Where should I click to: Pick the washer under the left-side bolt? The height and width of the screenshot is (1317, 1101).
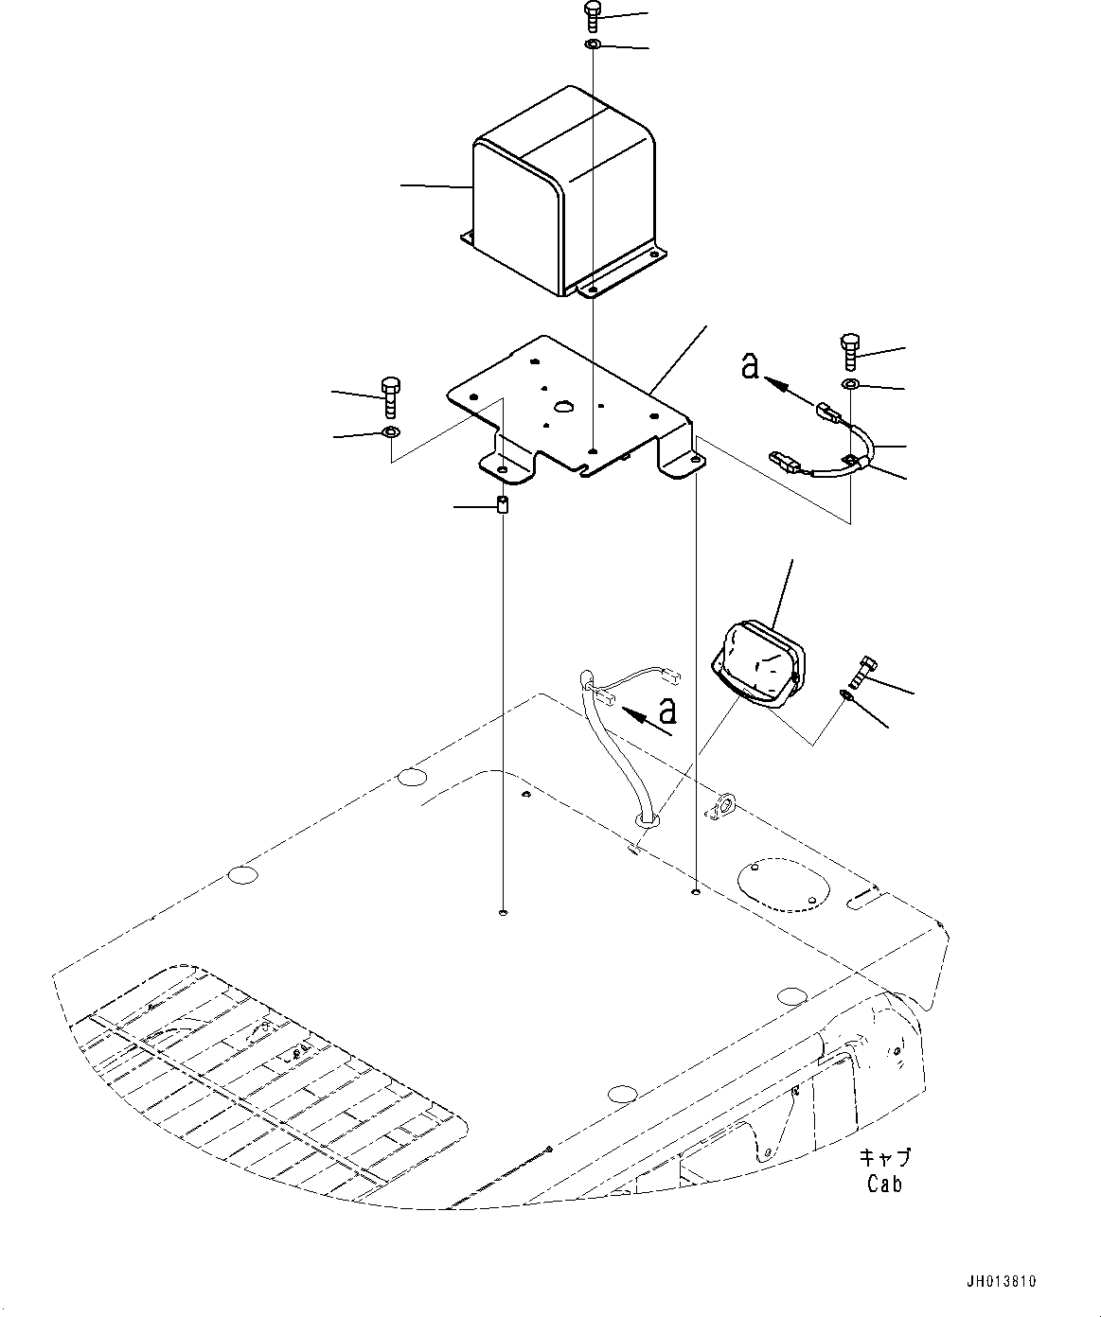pos(390,433)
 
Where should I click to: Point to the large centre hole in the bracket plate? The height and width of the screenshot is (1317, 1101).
pos(565,407)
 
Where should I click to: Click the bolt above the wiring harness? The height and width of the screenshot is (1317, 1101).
pos(849,354)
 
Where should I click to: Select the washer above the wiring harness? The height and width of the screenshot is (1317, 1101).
pos(849,384)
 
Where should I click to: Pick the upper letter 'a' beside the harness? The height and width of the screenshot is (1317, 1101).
pos(750,365)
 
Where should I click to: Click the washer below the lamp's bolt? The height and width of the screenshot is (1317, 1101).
pos(845,696)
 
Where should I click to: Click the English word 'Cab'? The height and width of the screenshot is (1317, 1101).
pos(883,1184)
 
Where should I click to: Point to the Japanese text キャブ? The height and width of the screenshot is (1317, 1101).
pos(886,1158)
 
